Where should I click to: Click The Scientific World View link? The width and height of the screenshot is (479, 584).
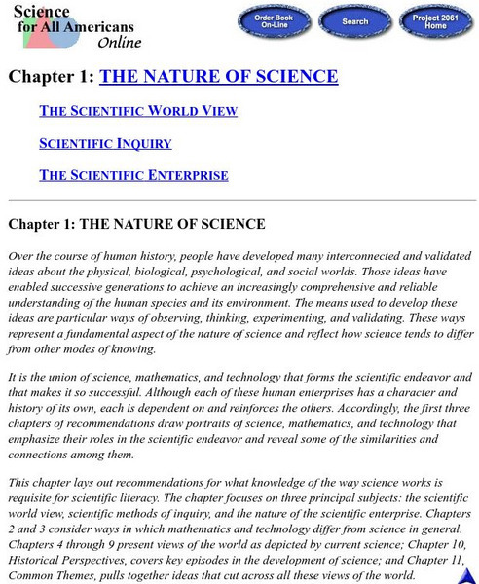point(137,111)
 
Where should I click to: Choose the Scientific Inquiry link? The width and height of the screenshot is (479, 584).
point(105,143)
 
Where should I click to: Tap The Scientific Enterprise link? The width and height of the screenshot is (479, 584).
point(133,175)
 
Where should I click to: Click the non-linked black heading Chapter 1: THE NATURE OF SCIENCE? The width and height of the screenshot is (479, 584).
point(136,224)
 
